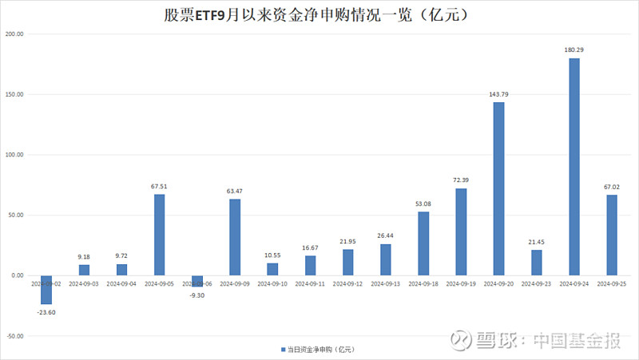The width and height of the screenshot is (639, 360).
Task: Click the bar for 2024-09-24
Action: pyautogui.click(x=574, y=167)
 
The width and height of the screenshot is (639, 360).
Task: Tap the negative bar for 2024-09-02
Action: pyautogui.click(x=46, y=290)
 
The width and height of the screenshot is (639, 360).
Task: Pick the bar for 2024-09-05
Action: pyautogui.click(x=159, y=235)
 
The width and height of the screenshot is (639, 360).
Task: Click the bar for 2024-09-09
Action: pyautogui.click(x=235, y=237)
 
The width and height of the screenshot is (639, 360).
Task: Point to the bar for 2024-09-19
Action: pyautogui.click(x=461, y=231)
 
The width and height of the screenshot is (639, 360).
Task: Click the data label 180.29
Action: pyautogui.click(x=574, y=50)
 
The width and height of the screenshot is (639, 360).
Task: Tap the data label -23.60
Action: pyautogui.click(x=46, y=312)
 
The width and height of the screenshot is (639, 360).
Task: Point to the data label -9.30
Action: pyautogui.click(x=196, y=295)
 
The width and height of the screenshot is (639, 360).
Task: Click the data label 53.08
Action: pyautogui.click(x=423, y=204)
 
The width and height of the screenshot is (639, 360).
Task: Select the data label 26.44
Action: pyautogui.click(x=386, y=235)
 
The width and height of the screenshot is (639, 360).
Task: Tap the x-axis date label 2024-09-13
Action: pyautogui.click(x=386, y=283)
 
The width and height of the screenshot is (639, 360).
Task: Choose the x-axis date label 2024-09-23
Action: pyautogui.click(x=536, y=283)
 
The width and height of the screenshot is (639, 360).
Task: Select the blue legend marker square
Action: pyautogui.click(x=282, y=350)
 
